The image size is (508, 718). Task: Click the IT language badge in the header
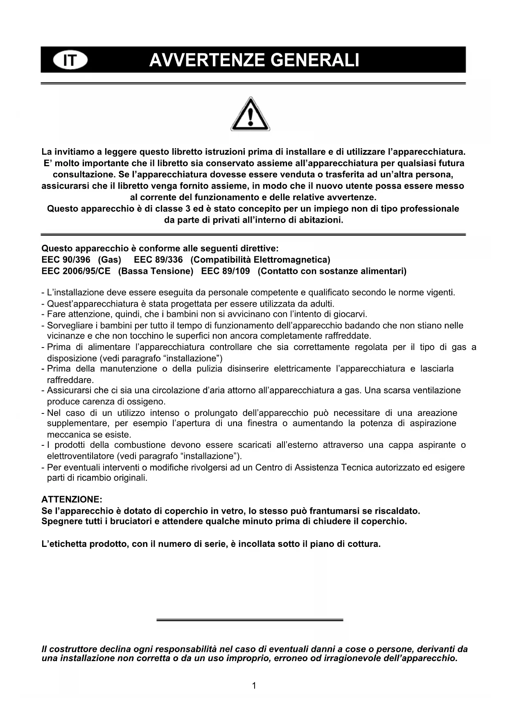70,61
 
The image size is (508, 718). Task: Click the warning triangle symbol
250,114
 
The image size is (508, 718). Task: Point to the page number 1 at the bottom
254,686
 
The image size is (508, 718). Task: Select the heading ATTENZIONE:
72,500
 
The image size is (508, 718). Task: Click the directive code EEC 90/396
66,260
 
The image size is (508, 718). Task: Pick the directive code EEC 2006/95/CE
76,271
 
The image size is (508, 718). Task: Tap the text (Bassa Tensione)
156,271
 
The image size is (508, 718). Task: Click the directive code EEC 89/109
226,271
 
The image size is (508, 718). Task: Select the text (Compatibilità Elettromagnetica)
260,260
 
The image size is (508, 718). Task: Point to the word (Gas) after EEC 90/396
109,260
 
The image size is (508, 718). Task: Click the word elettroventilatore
80,456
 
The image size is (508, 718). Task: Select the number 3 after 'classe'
188,209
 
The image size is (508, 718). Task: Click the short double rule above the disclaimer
250,620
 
